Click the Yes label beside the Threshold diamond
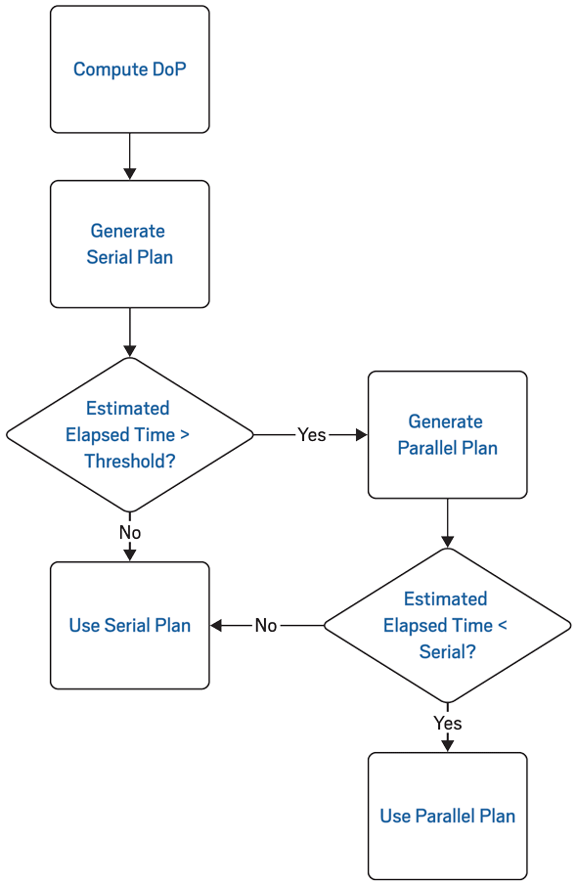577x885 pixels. coord(311,434)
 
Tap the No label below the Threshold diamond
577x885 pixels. coord(129,532)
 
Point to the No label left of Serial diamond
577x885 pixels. coord(266,625)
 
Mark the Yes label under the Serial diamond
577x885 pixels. coord(447,723)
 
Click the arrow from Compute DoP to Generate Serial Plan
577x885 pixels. coord(129,156)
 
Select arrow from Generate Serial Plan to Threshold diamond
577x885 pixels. coord(129,332)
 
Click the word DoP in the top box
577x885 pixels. coord(168,69)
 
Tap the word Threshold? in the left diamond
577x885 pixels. coord(129,461)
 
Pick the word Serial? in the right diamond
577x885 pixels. coord(447,651)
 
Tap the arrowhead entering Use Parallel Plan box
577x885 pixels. coord(447,745)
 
